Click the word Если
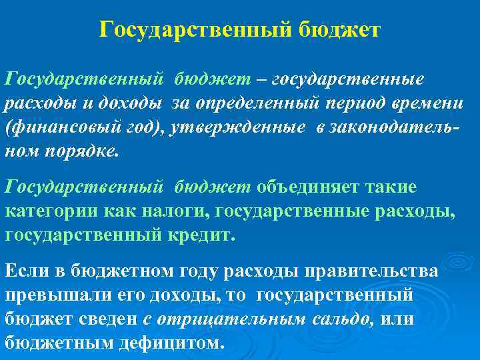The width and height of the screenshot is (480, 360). point(23,273)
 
